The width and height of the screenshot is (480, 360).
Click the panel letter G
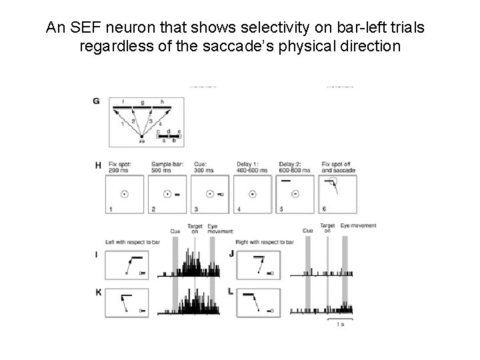[x=97, y=101]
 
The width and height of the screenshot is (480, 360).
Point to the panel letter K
[x=97, y=291]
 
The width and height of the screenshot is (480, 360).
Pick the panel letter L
[x=231, y=291]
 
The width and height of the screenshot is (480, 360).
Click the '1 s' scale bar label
[x=340, y=325]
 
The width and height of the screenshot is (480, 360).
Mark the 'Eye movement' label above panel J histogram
[x=359, y=226]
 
